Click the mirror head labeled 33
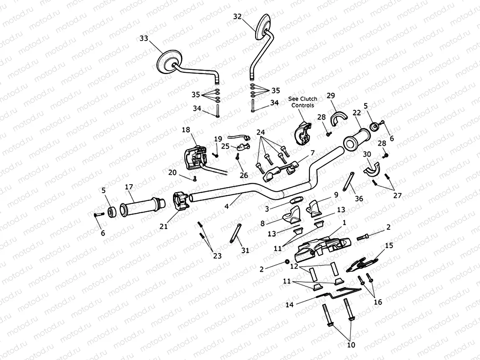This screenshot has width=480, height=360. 171,63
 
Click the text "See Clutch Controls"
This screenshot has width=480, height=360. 302,102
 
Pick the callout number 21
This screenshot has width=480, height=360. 163,226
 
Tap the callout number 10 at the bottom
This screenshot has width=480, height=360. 351,345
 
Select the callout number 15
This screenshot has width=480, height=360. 389,245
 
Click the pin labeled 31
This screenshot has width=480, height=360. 235,234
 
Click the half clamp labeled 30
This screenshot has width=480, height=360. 371,170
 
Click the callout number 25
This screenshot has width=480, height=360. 225,146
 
